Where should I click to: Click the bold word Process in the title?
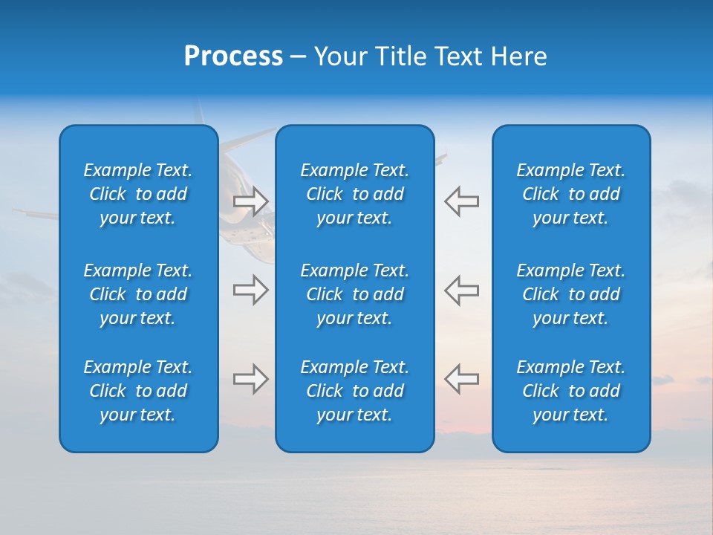(x=233, y=56)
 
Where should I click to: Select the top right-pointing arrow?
(x=250, y=201)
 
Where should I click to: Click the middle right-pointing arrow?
(x=250, y=290)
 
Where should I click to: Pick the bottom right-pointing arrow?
(x=250, y=379)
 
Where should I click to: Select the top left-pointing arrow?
(x=461, y=201)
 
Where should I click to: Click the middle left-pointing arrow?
(x=461, y=290)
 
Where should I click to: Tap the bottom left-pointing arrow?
(x=461, y=379)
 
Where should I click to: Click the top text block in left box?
(x=138, y=194)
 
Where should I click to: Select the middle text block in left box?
(x=138, y=294)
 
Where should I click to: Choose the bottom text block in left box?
(x=138, y=391)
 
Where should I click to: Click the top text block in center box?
(x=354, y=194)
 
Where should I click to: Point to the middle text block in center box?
(x=354, y=294)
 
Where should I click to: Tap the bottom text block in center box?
(x=354, y=391)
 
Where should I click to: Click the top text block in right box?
(x=570, y=194)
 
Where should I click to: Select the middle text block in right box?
(x=570, y=294)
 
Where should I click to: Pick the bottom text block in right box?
(x=570, y=391)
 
